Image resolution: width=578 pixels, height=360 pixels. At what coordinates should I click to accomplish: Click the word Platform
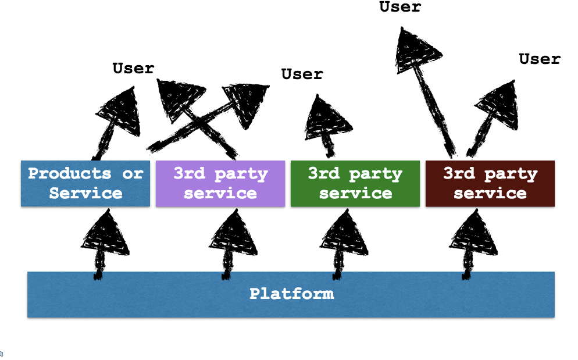coord(291,293)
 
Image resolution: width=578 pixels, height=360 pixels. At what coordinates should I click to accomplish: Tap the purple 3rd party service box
coord(220,183)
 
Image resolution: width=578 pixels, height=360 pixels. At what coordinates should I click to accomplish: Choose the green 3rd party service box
coord(355,183)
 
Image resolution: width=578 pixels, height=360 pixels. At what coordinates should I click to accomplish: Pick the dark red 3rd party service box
coord(490,183)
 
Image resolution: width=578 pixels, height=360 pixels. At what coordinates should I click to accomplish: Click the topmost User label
coord(399,7)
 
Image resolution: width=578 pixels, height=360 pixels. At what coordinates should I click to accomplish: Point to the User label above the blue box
coord(133,68)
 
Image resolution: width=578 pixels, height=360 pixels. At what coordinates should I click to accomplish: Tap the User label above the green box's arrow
coord(302,74)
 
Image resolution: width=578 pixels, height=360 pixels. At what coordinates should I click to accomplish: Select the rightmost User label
coord(539,59)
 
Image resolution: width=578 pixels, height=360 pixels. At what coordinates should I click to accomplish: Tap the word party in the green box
coord(376,173)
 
